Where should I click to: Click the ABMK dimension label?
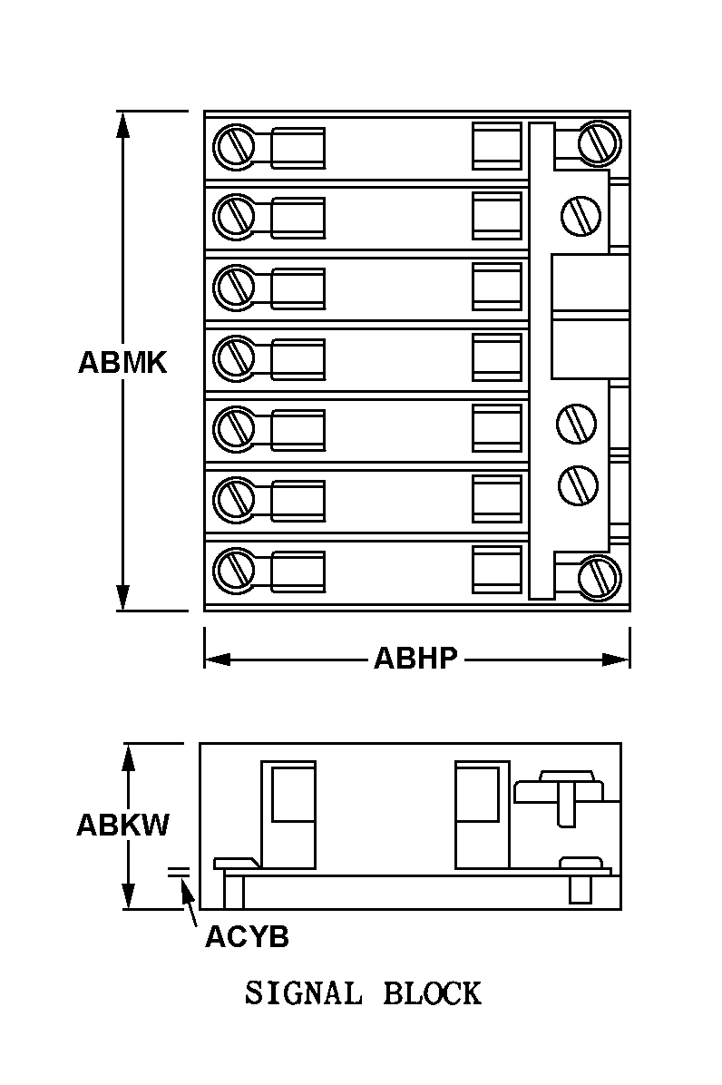122,363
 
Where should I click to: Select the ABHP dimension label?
416,658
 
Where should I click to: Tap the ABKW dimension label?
122,826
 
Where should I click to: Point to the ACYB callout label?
247,936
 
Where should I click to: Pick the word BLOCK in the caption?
432,993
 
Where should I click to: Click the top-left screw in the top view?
234,145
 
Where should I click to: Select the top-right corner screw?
599,142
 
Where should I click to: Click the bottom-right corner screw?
599,575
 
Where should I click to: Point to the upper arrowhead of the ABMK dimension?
122,123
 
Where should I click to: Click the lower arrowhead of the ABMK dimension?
122,600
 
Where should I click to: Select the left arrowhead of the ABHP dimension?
216,660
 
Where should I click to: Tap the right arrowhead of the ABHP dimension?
618,660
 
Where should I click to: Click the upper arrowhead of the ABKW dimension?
130,756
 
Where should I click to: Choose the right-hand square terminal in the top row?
497,145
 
